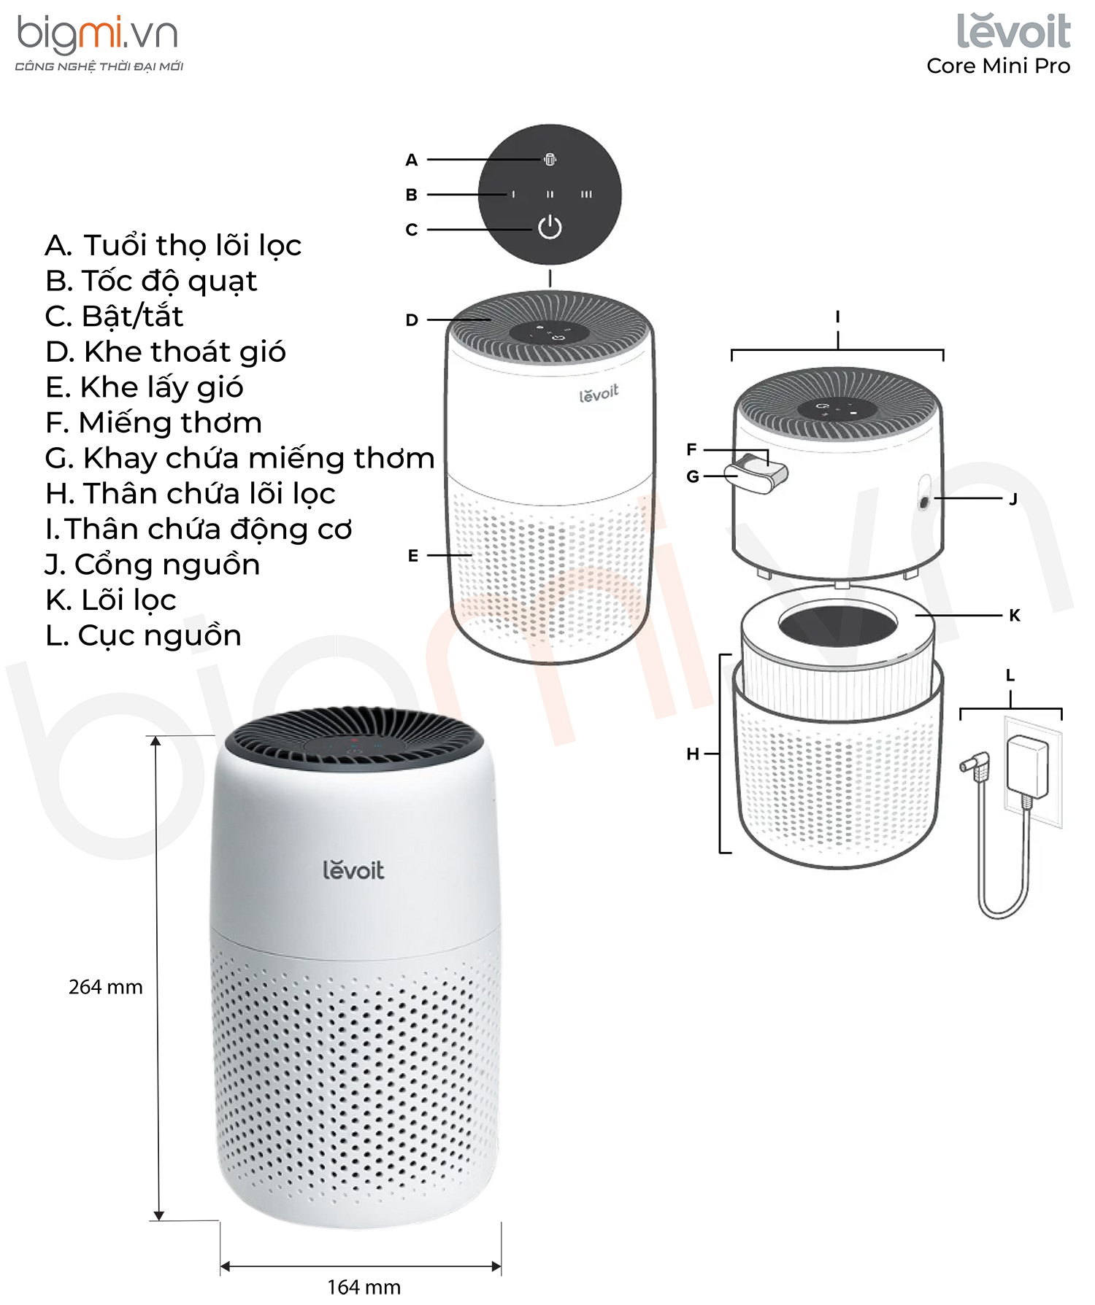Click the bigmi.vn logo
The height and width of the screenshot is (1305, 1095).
tap(99, 44)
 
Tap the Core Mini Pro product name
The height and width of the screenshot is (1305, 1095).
tap(998, 66)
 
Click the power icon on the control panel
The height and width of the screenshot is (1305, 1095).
tap(550, 228)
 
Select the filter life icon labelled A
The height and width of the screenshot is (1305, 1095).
tap(550, 159)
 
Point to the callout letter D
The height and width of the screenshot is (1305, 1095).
tap(412, 320)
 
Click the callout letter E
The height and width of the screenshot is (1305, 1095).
tap(413, 555)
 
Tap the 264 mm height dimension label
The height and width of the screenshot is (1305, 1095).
tap(106, 987)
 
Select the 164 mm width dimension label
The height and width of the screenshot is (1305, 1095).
tap(364, 1287)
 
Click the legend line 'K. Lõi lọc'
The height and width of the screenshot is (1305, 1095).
tap(111, 600)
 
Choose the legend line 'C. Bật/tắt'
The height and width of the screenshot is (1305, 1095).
tap(114, 316)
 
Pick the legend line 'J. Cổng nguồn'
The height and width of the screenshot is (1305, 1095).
tap(153, 565)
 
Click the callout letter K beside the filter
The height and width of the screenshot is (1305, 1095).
tap(1014, 615)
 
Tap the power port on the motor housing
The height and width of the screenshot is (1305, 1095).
tap(923, 503)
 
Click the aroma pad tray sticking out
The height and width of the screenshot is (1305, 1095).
tap(757, 473)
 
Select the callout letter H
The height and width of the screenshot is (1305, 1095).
tap(693, 754)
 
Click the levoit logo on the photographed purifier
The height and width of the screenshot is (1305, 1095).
tap(353, 870)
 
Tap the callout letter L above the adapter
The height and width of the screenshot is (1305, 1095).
tap(1010, 675)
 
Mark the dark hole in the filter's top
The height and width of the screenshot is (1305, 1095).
tap(837, 624)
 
